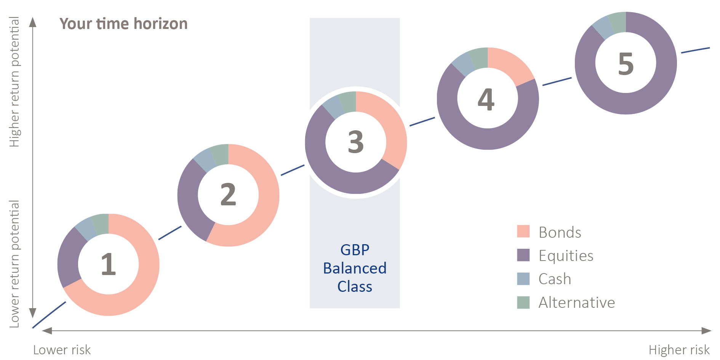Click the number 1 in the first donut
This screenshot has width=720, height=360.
[x=109, y=264]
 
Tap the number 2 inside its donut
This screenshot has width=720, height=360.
[x=229, y=194]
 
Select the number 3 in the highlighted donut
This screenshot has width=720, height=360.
[x=356, y=142]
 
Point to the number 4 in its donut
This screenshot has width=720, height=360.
[x=486, y=99]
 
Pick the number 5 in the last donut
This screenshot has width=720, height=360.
[x=626, y=64]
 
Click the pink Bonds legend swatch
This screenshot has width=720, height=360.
[x=523, y=232]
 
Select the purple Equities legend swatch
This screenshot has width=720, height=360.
[x=523, y=255]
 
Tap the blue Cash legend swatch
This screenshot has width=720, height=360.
[x=523, y=279]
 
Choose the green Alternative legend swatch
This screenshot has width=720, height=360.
[x=523, y=302]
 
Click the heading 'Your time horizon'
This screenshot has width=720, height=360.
[x=123, y=24]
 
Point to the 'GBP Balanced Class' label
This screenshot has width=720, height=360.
[x=355, y=268]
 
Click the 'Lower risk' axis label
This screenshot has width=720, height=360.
[x=62, y=350]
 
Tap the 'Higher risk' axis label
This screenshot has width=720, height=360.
[x=679, y=350]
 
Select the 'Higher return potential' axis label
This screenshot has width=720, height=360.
[x=14, y=82]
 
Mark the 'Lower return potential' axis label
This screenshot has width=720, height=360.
[x=14, y=264]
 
